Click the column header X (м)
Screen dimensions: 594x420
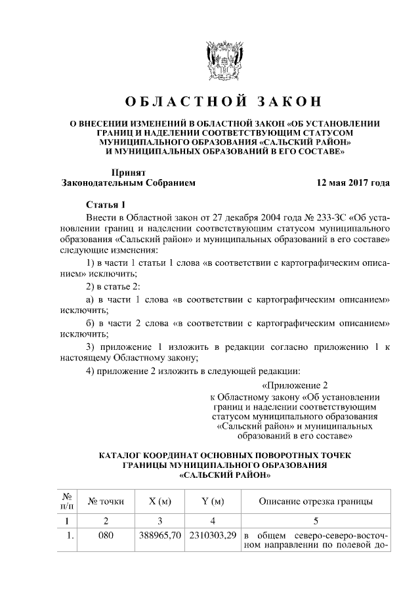(160, 501)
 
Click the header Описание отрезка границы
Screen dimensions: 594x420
(316, 501)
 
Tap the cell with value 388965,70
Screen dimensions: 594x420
(160, 535)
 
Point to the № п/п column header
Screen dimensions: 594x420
(66, 501)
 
